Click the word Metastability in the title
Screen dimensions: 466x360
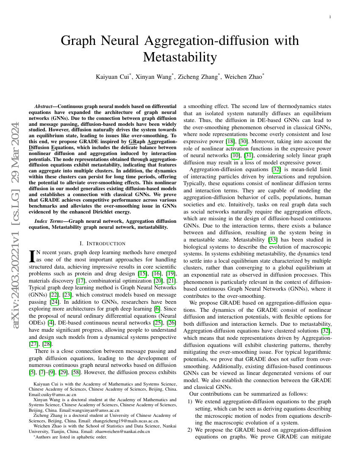click(x=180, y=56)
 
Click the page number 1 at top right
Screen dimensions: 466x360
click(x=330, y=17)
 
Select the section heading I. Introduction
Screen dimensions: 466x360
click(x=102, y=243)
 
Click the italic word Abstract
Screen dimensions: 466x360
click(x=45, y=105)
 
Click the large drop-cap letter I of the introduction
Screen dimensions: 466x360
click(x=31, y=255)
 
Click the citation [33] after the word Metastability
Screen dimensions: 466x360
click(x=273, y=239)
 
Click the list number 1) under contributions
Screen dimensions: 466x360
click(x=190, y=401)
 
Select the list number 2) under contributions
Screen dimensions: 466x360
click(x=190, y=430)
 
